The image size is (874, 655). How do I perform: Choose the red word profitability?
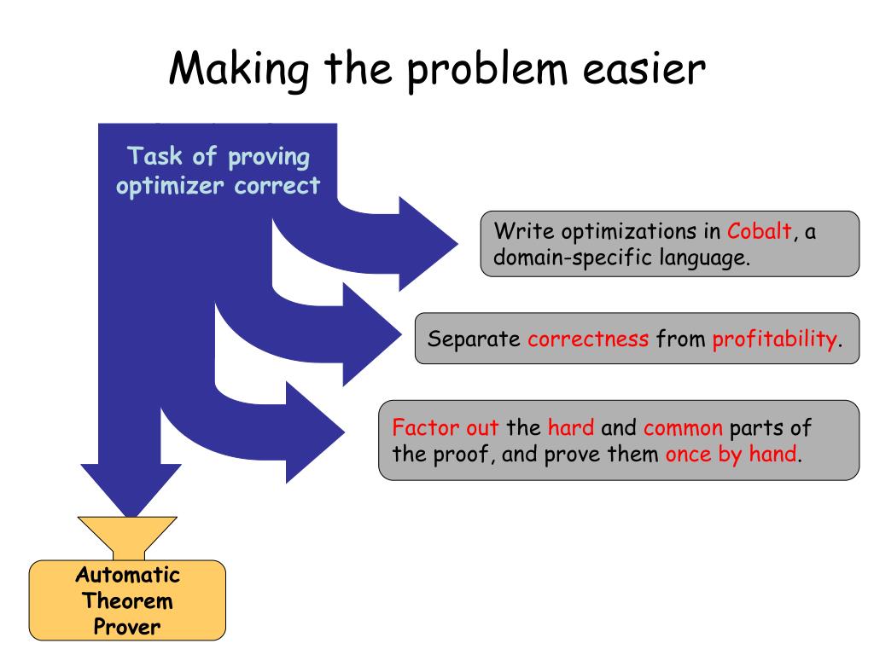pyautogui.click(x=774, y=339)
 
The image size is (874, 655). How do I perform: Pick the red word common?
pyautogui.click(x=683, y=426)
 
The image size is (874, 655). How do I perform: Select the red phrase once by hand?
pyautogui.click(x=732, y=454)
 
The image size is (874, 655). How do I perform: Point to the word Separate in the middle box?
pyautogui.click(x=474, y=339)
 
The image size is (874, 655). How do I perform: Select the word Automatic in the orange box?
pyautogui.click(x=128, y=574)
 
